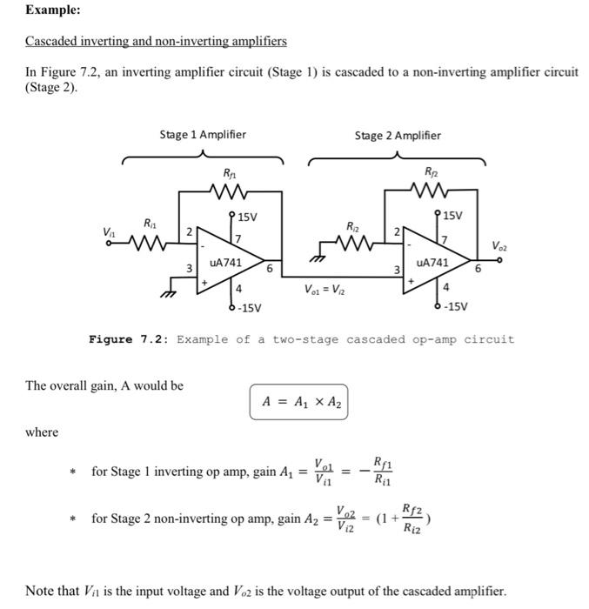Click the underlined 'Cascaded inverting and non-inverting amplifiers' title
156,41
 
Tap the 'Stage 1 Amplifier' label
202,135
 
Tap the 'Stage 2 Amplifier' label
398,135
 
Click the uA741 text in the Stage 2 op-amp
432,261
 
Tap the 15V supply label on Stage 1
248,216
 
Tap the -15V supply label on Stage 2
454,306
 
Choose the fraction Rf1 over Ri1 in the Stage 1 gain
382,471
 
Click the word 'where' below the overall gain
42,432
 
